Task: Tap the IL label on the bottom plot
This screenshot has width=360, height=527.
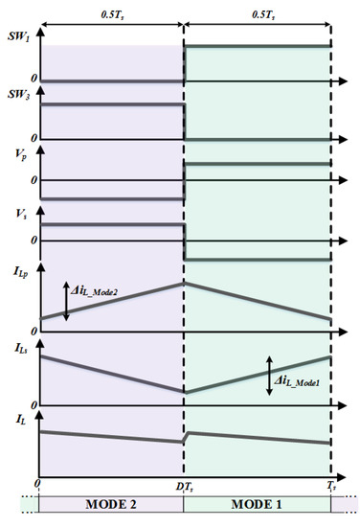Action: tap(17, 419)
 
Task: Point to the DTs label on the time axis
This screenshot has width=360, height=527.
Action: tap(183, 487)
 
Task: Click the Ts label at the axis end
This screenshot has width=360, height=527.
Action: tap(329, 487)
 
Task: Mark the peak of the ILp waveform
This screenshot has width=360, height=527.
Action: tap(184, 282)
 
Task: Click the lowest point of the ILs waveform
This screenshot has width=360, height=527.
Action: tap(184, 393)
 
